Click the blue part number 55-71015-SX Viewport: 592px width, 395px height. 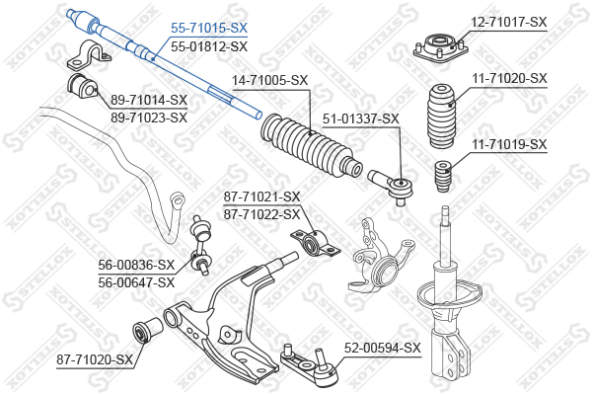[209, 28]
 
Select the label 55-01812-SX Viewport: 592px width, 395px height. [209, 46]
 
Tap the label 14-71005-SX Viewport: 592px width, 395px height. [269, 81]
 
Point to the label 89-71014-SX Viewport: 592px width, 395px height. [149, 100]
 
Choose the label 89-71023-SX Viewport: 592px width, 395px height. [149, 118]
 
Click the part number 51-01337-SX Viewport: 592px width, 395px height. [360, 119]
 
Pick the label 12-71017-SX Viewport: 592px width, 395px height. [508, 22]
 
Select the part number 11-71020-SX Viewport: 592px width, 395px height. [509, 79]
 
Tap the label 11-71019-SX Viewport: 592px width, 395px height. [509, 144]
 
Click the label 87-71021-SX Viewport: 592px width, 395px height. [261, 197]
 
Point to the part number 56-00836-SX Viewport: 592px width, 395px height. [136, 265]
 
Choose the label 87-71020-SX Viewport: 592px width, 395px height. [95, 359]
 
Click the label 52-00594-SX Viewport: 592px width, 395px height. [382, 348]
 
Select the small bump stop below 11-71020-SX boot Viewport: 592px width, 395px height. [444, 176]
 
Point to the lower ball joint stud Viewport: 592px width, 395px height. [321, 357]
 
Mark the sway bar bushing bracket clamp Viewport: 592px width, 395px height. [90, 55]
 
